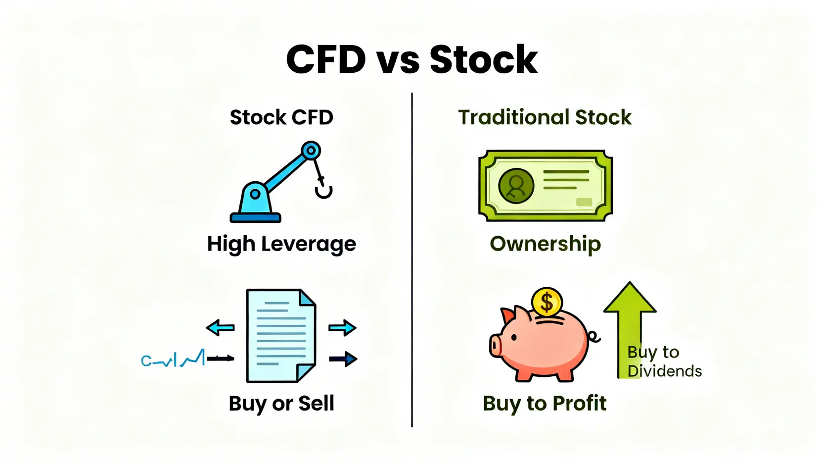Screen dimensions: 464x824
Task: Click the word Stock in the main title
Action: point(483,60)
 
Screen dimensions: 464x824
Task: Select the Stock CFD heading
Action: point(281,118)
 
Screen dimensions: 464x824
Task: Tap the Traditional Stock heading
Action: point(545,118)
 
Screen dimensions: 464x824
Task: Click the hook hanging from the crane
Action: point(323,190)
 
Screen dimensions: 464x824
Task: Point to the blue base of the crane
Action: point(255,217)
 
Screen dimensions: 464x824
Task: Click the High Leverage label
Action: point(281,244)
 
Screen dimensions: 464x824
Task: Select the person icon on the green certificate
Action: point(516,186)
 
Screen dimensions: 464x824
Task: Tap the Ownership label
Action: point(545,244)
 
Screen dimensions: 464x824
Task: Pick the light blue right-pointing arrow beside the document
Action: point(342,327)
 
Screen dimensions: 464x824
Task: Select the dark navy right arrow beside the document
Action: point(343,359)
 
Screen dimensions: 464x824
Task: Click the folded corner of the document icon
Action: point(307,298)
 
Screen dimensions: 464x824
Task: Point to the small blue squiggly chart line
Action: point(173,360)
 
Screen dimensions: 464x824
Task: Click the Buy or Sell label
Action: point(281,404)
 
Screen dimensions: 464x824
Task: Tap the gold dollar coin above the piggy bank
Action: point(547,302)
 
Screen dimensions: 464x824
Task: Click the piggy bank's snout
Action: point(496,345)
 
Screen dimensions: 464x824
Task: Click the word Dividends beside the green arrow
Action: point(664,371)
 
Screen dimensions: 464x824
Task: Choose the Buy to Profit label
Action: point(545,404)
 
